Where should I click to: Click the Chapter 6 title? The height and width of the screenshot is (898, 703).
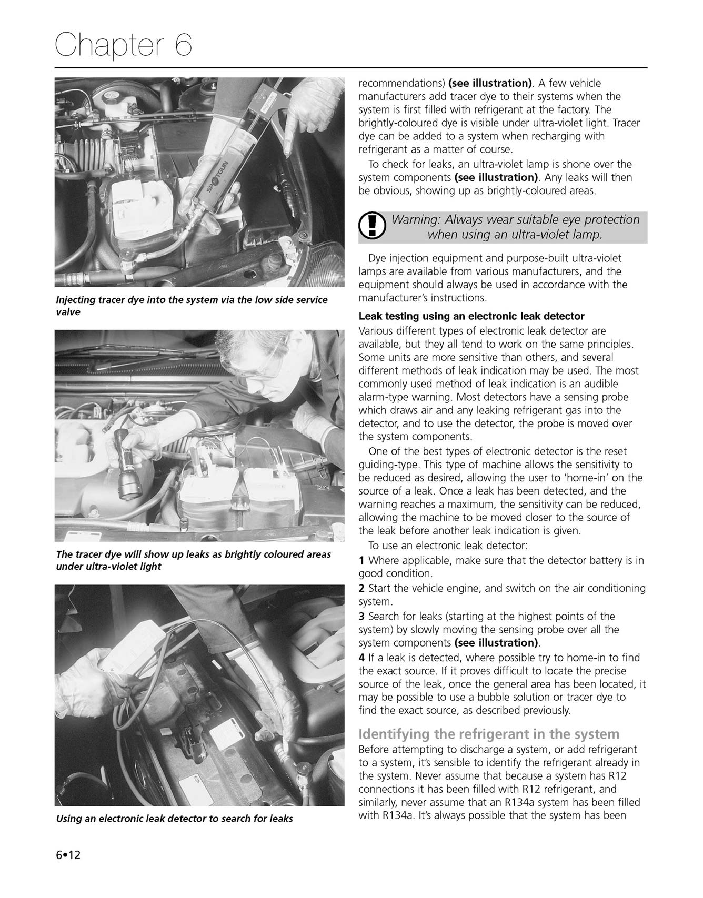(x=124, y=45)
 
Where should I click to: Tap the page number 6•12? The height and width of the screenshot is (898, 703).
(x=68, y=855)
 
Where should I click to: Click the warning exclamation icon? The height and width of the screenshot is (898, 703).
(x=372, y=226)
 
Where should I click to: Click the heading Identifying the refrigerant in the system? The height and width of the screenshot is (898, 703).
(x=489, y=734)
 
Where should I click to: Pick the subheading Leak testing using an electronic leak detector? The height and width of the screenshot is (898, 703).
(x=471, y=316)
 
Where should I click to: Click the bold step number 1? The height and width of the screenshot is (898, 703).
(x=361, y=560)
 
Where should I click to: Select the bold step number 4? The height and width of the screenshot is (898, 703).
(x=361, y=657)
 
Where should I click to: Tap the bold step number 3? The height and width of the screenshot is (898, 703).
(x=361, y=616)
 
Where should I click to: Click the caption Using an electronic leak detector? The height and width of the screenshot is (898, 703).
(x=174, y=819)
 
